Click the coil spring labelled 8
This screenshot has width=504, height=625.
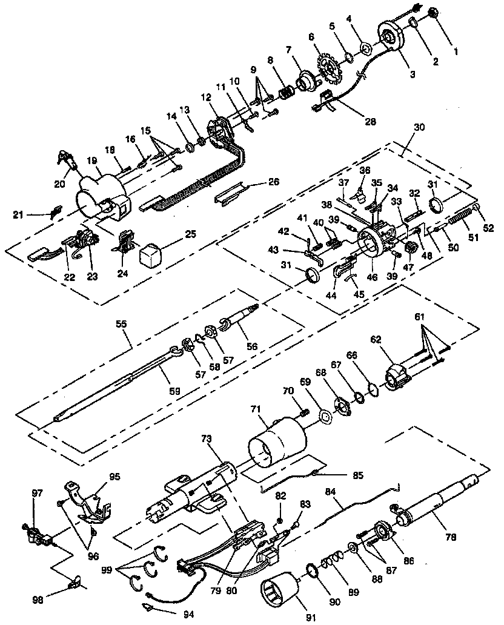[286, 93]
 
